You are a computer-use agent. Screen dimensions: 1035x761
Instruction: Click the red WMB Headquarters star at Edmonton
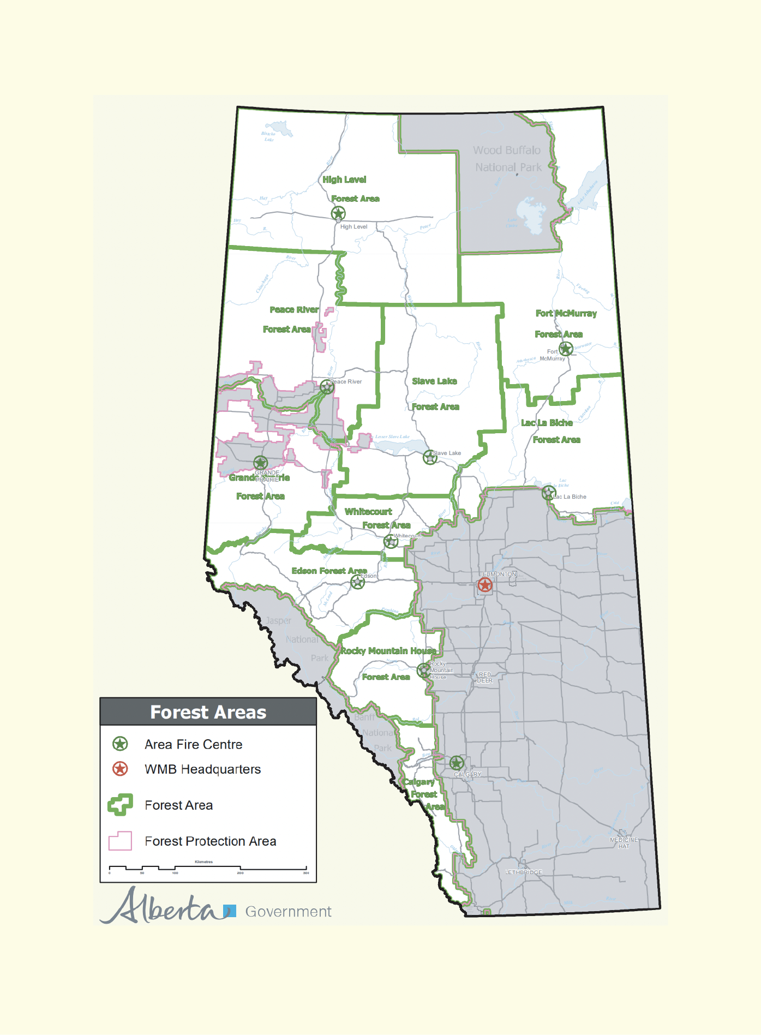point(484,585)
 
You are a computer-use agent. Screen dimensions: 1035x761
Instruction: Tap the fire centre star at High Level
point(338,213)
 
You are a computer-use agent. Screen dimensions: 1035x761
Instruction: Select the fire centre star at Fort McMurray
point(566,348)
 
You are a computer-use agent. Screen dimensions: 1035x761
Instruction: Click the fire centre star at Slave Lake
point(430,457)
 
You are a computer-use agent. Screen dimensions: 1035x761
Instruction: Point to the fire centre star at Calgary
point(457,763)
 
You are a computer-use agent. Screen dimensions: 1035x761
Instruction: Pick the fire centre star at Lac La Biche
point(548,493)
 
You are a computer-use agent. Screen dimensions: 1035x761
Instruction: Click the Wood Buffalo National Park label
point(507,159)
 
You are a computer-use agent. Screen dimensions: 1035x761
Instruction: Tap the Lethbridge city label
point(524,872)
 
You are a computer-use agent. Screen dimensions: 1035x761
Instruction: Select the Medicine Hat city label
point(624,843)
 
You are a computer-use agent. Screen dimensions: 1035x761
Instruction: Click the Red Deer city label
point(484,678)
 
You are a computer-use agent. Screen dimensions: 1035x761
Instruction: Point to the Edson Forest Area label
point(329,571)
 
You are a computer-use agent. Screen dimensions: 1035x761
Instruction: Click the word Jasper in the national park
point(278,620)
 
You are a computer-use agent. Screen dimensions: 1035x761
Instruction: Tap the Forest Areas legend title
point(208,712)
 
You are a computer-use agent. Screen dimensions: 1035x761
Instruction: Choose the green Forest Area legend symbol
point(121,805)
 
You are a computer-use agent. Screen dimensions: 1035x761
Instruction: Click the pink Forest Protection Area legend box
point(120,841)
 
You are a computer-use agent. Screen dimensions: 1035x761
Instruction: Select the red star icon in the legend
point(120,769)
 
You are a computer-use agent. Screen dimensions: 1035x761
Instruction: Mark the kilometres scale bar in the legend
point(208,868)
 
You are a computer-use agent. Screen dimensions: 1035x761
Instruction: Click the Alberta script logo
point(164,907)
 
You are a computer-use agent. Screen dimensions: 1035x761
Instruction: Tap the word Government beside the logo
point(288,912)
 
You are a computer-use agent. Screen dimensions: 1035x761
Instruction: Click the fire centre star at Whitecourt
point(391,541)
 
